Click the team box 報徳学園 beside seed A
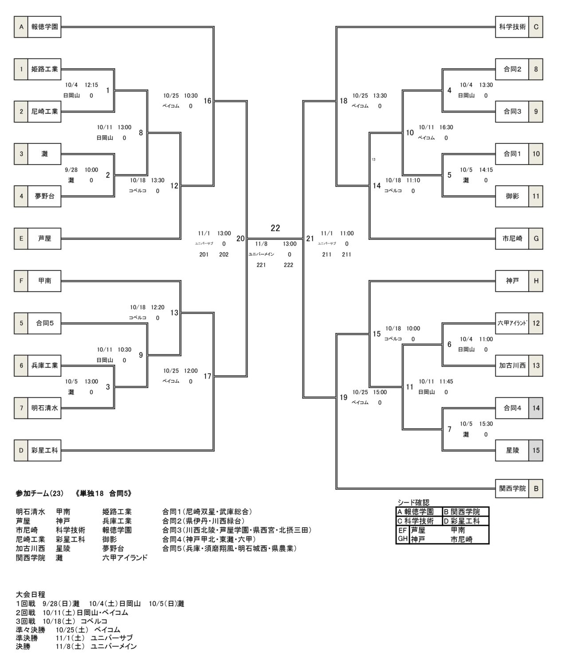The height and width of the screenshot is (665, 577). click(x=44, y=27)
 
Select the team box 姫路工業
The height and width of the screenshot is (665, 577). click(x=44, y=69)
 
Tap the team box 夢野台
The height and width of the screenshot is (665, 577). click(x=44, y=196)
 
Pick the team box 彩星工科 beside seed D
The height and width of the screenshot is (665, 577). click(x=44, y=450)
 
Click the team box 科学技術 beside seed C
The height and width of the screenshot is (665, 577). click(x=512, y=27)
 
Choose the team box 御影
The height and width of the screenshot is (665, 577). click(x=512, y=196)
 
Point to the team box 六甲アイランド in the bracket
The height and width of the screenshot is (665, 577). click(x=512, y=323)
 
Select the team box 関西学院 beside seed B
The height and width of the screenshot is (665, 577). click(x=512, y=489)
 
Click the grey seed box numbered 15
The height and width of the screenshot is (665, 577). click(x=536, y=450)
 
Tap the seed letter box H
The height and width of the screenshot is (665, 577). click(x=536, y=281)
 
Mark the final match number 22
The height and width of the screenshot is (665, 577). click(x=275, y=228)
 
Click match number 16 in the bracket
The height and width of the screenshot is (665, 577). click(x=208, y=101)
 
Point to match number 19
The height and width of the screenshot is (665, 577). click(x=343, y=397)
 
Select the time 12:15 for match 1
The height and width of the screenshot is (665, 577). click(x=91, y=85)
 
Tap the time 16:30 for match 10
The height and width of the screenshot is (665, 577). click(x=446, y=127)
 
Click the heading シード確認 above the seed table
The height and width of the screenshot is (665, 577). click(x=413, y=502)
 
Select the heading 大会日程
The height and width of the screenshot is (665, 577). click(x=30, y=595)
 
